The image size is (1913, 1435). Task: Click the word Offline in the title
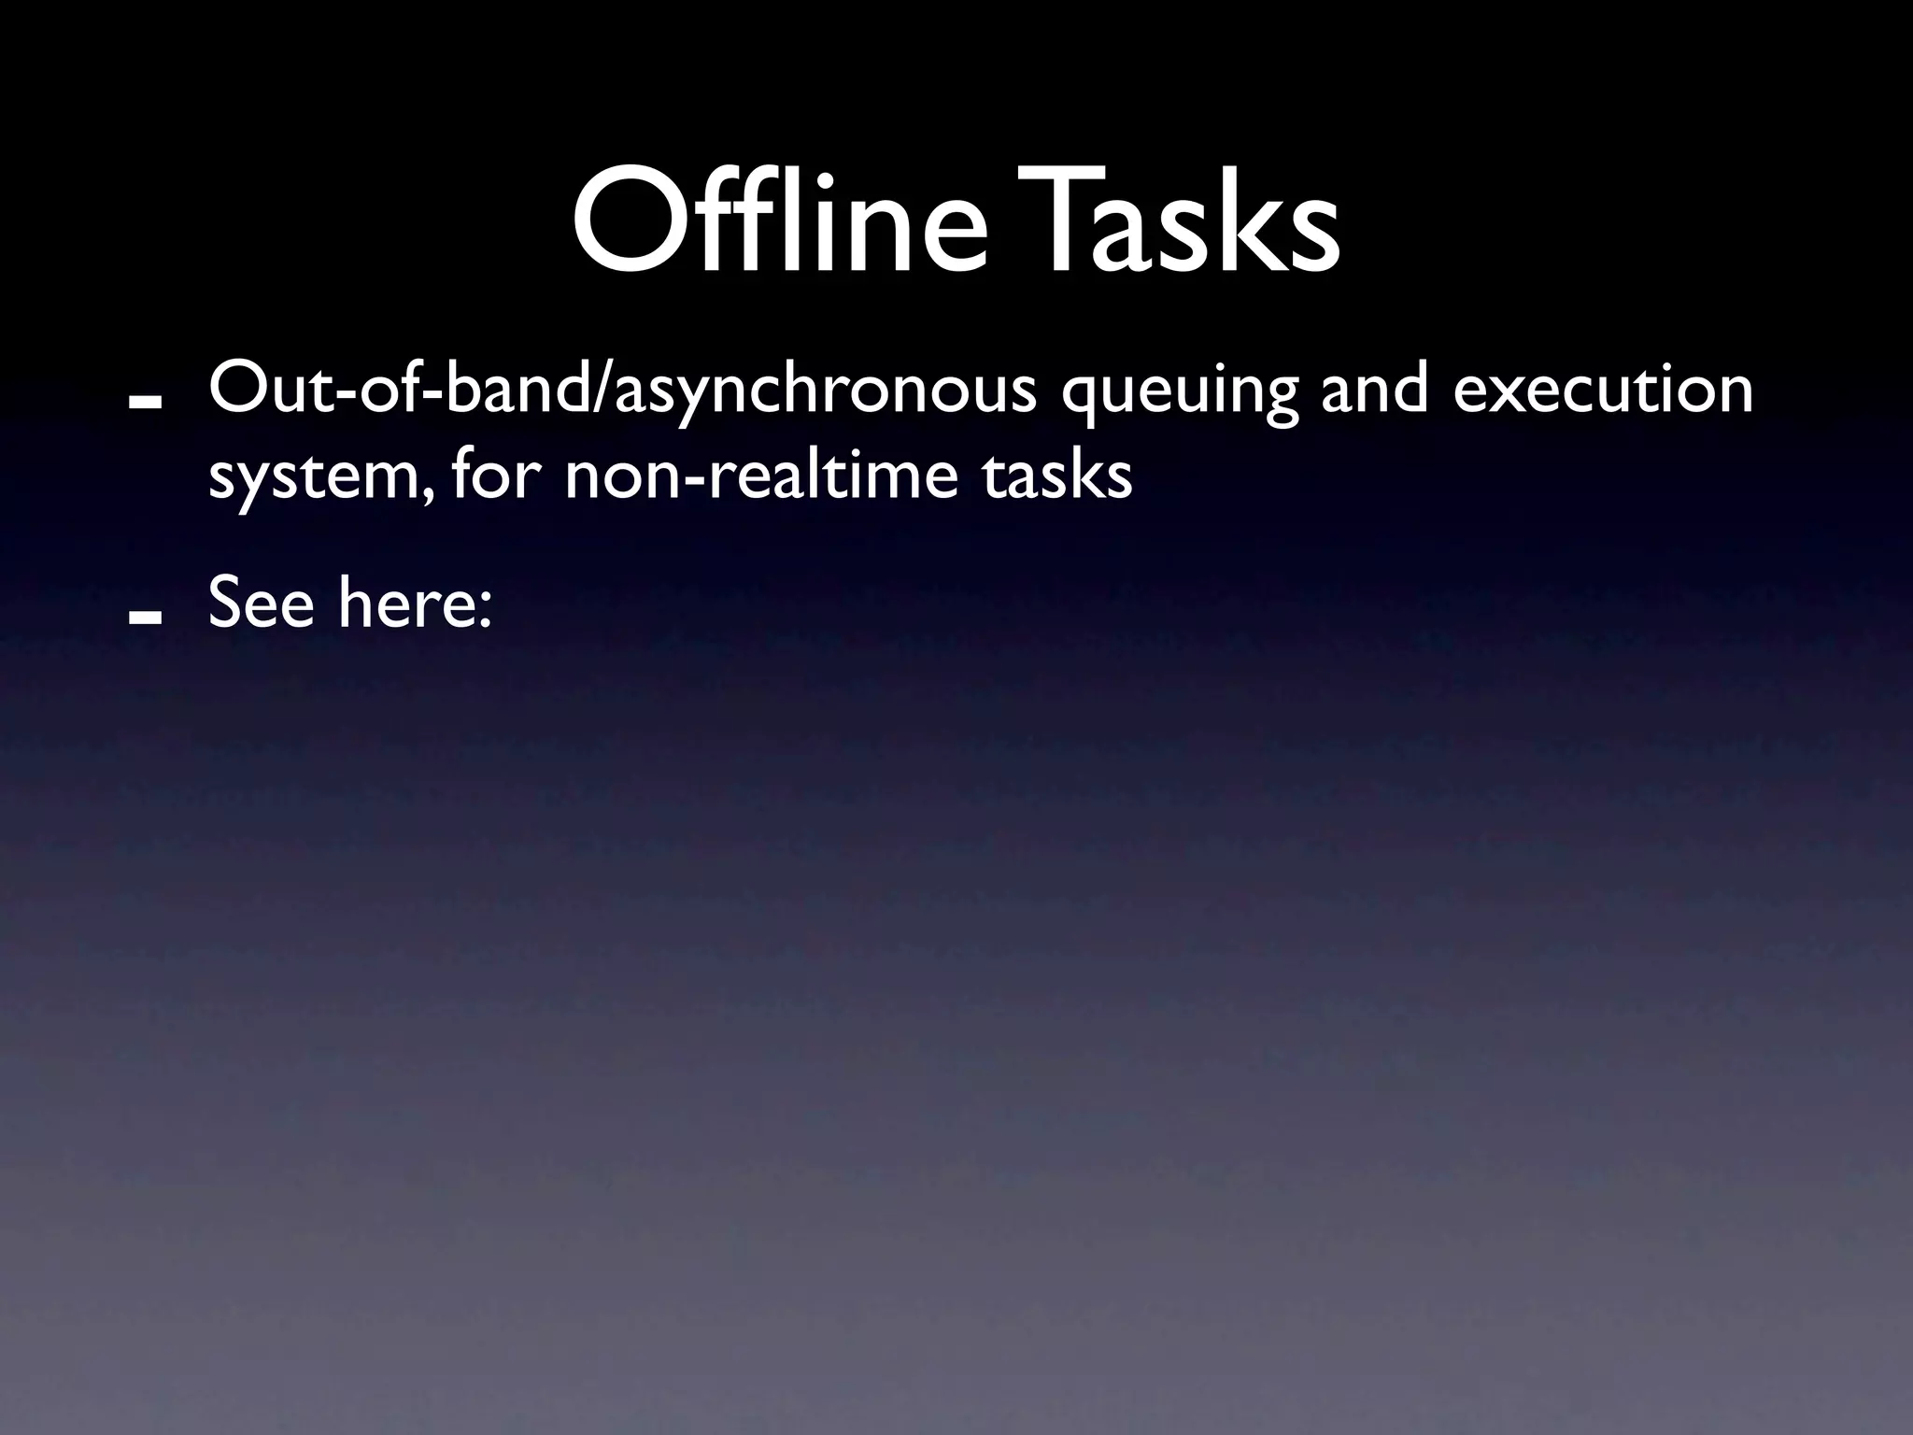780,222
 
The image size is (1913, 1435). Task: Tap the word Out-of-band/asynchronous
622,391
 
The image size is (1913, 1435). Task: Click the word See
262,603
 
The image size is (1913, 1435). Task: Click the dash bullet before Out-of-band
147,401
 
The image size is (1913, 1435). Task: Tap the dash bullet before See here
147,616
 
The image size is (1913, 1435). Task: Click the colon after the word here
483,610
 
